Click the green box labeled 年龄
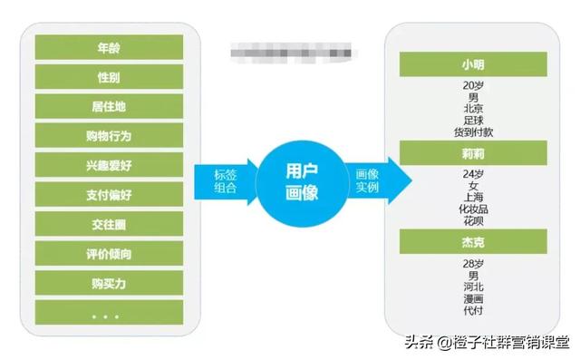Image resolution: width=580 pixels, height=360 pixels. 109,46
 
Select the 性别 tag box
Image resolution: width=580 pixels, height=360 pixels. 109,76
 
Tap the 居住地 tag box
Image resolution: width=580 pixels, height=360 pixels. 109,106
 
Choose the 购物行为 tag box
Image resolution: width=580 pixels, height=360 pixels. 109,136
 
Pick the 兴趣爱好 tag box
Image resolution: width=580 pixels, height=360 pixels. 109,165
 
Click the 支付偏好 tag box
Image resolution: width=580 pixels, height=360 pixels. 109,194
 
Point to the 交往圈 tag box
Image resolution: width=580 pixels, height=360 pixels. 109,224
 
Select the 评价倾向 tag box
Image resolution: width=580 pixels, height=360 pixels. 109,253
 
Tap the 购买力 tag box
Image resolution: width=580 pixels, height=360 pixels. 109,283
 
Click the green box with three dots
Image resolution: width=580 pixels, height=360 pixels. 109,313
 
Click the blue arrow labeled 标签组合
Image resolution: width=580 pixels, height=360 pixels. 227,180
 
